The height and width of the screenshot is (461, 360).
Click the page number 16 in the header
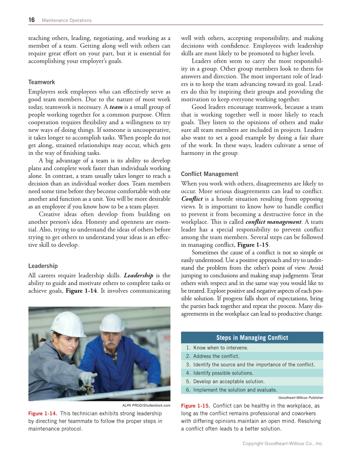32,20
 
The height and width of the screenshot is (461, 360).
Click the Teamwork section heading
42,82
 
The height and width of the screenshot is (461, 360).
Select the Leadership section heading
43,266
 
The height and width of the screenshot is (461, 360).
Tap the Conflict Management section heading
209,174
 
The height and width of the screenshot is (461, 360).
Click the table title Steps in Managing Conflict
252,338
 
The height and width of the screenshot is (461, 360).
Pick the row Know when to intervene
220,348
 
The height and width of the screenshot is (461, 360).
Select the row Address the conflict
216,356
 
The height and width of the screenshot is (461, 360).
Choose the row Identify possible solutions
223,373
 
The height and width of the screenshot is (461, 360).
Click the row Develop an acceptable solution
229,381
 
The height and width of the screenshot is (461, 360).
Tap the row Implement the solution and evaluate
235,390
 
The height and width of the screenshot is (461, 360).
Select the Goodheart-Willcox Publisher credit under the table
301,398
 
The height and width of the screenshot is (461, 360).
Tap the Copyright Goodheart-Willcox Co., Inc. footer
283,444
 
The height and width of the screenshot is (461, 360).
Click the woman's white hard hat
68,324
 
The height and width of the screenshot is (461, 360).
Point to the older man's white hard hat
112,323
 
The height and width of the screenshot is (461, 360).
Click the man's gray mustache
111,343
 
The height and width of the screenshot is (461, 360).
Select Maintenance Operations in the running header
67,20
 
